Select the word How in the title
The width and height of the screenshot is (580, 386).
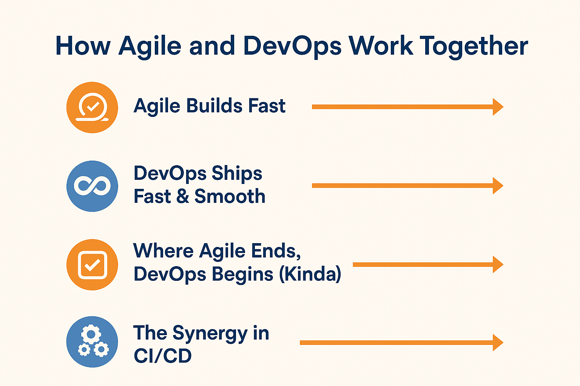[x=83, y=46]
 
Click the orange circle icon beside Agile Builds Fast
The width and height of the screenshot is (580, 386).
[x=92, y=107]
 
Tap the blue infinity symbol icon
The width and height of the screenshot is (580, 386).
[x=92, y=186]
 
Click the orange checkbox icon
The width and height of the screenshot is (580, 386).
[x=92, y=265]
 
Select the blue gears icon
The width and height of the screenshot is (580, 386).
[x=92, y=342]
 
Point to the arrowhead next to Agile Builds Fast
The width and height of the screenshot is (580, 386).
[x=498, y=107]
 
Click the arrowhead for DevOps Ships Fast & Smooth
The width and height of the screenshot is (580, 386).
[x=498, y=185]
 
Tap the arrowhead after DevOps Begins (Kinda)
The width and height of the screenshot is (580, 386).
[x=498, y=265]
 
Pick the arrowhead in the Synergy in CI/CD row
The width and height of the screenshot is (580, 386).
[x=498, y=343]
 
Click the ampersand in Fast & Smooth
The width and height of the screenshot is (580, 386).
[x=183, y=196]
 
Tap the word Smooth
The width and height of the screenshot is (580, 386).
[x=230, y=196]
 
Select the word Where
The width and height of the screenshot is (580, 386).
[x=164, y=251]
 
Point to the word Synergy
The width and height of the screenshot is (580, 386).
[x=210, y=334]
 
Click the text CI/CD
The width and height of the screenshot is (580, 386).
[x=163, y=355]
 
